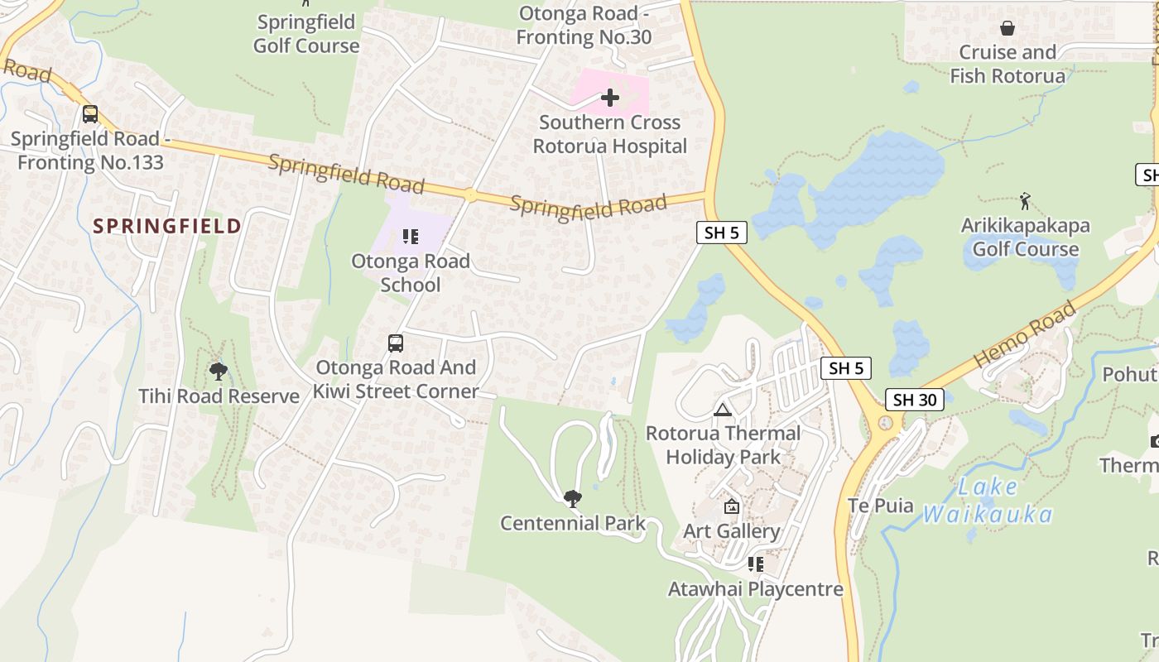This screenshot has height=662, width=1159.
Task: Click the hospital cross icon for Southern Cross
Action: (610, 98)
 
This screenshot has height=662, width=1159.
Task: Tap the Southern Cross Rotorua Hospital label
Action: (610, 134)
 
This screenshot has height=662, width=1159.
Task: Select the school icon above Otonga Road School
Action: (411, 237)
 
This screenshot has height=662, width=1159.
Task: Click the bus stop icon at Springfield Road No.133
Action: (90, 114)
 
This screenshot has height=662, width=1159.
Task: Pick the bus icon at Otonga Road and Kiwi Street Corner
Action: (396, 343)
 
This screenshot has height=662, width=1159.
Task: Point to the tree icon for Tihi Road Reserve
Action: (219, 371)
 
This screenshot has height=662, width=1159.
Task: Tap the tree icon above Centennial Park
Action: (572, 498)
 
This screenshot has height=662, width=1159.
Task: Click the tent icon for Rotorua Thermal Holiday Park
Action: (723, 410)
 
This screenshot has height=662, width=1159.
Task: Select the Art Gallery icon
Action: (732, 506)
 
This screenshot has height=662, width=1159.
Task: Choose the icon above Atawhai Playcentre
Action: (756, 564)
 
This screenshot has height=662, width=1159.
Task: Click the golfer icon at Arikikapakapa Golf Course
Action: (1025, 200)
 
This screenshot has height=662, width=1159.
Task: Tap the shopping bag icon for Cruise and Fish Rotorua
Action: (1008, 29)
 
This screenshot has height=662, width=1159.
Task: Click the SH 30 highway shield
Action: (914, 400)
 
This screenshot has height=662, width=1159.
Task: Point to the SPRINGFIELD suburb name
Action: (167, 226)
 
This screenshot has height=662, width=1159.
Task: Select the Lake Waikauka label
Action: (987, 501)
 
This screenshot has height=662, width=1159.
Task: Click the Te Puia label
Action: (881, 506)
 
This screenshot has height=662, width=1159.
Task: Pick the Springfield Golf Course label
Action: (306, 34)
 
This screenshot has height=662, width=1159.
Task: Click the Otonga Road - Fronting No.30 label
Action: (584, 25)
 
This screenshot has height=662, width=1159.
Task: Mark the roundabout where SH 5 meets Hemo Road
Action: (887, 424)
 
